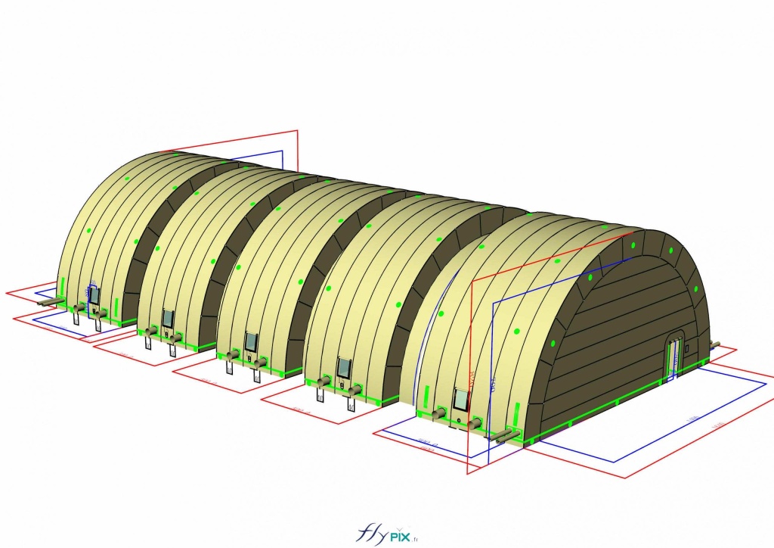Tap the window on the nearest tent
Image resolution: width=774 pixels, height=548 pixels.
tap(460, 400)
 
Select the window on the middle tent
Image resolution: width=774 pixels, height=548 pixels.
tap(251, 341)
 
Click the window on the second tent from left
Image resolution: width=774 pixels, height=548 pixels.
tap(167, 318)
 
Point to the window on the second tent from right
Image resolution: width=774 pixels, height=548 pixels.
tap(344, 369)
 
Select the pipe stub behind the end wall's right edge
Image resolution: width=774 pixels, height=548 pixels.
tap(713, 346)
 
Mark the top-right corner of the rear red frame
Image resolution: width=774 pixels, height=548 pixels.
tap(298, 131)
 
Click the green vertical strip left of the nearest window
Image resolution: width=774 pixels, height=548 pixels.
tap(427, 396)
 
